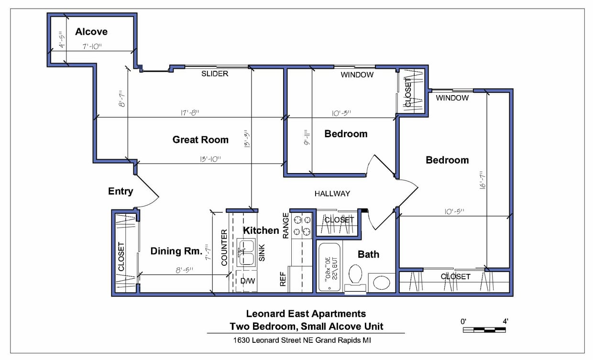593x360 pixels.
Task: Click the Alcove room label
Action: click(x=91, y=32)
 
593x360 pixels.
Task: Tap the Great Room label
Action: click(x=200, y=140)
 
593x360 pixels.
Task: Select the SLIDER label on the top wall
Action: click(x=215, y=74)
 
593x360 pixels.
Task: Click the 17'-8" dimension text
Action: click(x=190, y=113)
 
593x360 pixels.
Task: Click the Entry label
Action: click(x=121, y=191)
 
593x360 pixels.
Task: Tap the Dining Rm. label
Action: click(x=173, y=251)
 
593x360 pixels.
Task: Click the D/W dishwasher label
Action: click(x=248, y=281)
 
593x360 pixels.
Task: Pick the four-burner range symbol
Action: click(x=302, y=226)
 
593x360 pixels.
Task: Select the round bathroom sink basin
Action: click(x=382, y=282)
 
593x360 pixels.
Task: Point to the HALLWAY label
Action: click(x=332, y=194)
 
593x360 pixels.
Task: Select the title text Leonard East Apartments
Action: click(x=306, y=314)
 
